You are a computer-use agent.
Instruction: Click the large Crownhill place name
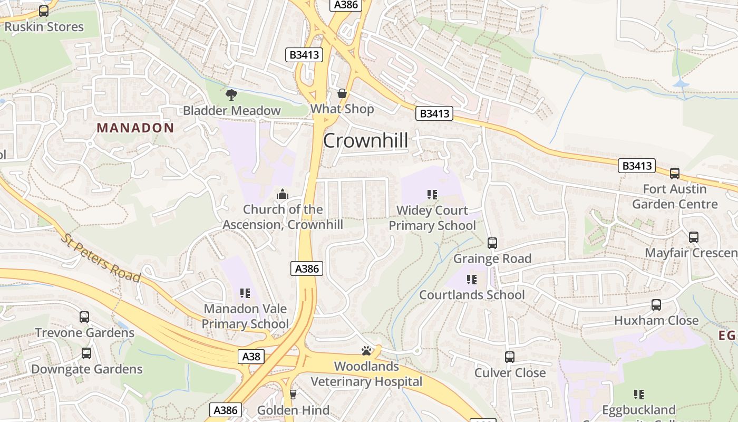pos(365,141)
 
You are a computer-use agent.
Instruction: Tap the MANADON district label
pos(135,128)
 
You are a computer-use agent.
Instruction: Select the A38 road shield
pos(251,357)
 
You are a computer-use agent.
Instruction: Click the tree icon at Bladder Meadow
pos(231,95)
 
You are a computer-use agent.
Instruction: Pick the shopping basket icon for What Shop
pos(342,94)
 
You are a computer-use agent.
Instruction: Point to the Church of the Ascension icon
pos(283,195)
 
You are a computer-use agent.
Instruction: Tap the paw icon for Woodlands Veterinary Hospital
pos(366,351)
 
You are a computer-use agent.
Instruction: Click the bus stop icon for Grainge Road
pos(492,243)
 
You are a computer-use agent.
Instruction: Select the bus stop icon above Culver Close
pos(510,357)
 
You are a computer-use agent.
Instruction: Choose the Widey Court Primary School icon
pos(432,195)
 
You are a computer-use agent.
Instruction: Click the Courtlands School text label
pos(472,295)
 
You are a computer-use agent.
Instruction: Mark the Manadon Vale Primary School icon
pos(245,293)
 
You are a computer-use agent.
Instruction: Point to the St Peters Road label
pos(101,258)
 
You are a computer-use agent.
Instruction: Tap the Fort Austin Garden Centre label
pos(675,197)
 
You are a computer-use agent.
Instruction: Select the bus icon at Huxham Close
pos(656,305)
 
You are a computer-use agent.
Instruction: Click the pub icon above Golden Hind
pos(294,395)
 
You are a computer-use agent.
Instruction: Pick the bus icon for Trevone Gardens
pos(84,317)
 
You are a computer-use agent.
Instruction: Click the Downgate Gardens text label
pos(87,369)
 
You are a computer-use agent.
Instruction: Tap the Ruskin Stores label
pos(44,27)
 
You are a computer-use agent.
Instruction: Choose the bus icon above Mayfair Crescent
pos(694,237)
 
